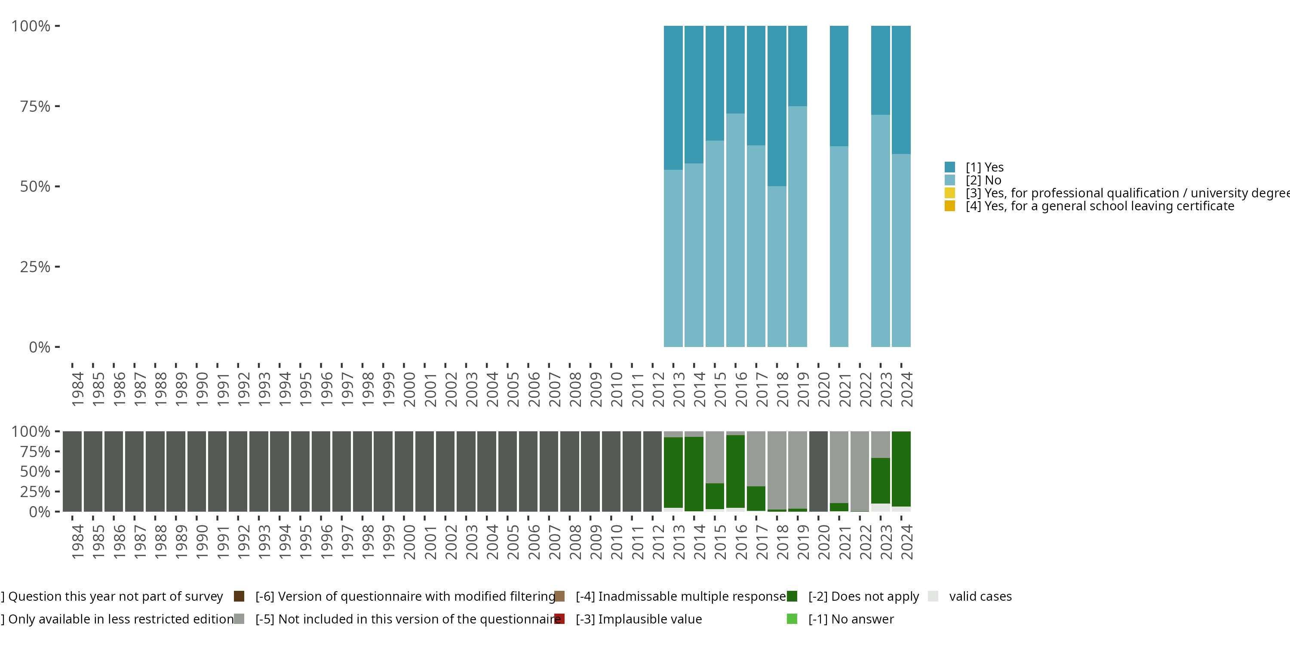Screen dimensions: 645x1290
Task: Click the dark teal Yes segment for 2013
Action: [x=673, y=98]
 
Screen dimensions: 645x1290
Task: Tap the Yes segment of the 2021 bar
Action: [x=839, y=86]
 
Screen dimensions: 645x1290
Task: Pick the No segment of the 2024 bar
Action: [x=901, y=250]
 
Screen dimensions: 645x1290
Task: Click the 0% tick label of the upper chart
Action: [x=39, y=347]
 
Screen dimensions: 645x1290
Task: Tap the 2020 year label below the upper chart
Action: [x=824, y=389]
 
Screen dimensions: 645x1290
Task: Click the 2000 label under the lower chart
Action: [x=409, y=542]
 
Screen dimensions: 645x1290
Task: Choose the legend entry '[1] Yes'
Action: [x=984, y=167]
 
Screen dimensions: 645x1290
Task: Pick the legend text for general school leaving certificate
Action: [x=1099, y=206]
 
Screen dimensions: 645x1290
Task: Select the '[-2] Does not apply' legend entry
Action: [x=863, y=596]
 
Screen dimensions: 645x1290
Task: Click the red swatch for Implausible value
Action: [x=559, y=619]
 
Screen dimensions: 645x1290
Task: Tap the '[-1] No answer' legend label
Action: [x=851, y=619]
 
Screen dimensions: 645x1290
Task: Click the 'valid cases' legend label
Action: [x=980, y=596]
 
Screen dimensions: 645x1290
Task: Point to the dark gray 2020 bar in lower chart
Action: [x=818, y=471]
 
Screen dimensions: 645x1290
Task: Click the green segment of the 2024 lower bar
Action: [x=901, y=469]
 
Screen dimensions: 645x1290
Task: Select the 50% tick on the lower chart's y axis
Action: [x=35, y=471]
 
